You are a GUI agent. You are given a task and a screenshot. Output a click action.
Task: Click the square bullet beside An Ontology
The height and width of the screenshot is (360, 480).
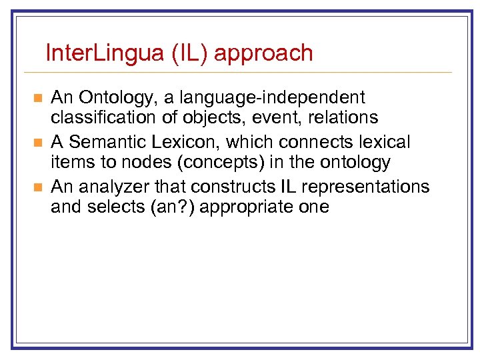point(37,99)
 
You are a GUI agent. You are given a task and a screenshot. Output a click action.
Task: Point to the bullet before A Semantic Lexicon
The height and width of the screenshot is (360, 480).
point(37,143)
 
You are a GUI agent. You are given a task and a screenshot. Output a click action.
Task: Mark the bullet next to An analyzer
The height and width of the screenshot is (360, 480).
point(37,186)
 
